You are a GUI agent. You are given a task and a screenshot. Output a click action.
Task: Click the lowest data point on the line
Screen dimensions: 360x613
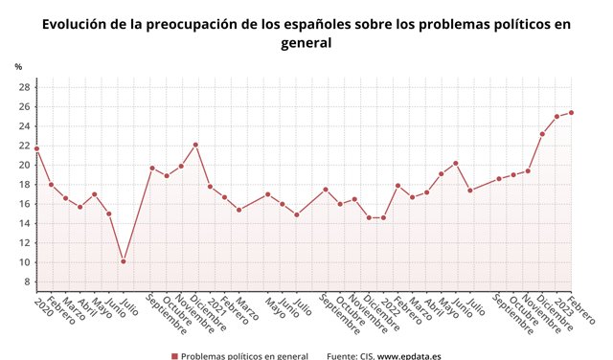pyautogui.click(x=124, y=261)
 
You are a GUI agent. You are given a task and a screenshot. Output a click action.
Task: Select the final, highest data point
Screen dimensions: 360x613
pyautogui.click(x=571, y=112)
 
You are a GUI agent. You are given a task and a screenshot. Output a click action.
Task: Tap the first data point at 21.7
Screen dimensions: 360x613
pyautogui.click(x=36, y=148)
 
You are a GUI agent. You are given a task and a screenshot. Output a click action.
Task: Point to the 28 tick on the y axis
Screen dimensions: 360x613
pyautogui.click(x=23, y=87)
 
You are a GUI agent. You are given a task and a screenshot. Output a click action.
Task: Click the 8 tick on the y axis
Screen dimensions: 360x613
pyautogui.click(x=26, y=281)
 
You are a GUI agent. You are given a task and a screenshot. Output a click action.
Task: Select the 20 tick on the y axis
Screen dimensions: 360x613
pyautogui.click(x=23, y=165)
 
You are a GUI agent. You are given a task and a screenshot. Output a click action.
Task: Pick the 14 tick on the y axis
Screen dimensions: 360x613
pyautogui.click(x=23, y=223)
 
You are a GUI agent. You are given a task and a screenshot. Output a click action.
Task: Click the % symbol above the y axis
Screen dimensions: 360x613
pyautogui.click(x=18, y=66)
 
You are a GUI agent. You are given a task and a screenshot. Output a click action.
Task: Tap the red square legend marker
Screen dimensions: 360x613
pyautogui.click(x=174, y=356)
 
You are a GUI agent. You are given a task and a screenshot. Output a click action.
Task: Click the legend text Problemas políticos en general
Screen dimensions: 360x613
pyautogui.click(x=245, y=356)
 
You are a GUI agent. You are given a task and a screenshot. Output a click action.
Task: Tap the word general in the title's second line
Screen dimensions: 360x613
pyautogui.click(x=306, y=44)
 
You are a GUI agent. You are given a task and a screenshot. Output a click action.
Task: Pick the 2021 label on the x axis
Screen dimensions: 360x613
pyautogui.click(x=218, y=306)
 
